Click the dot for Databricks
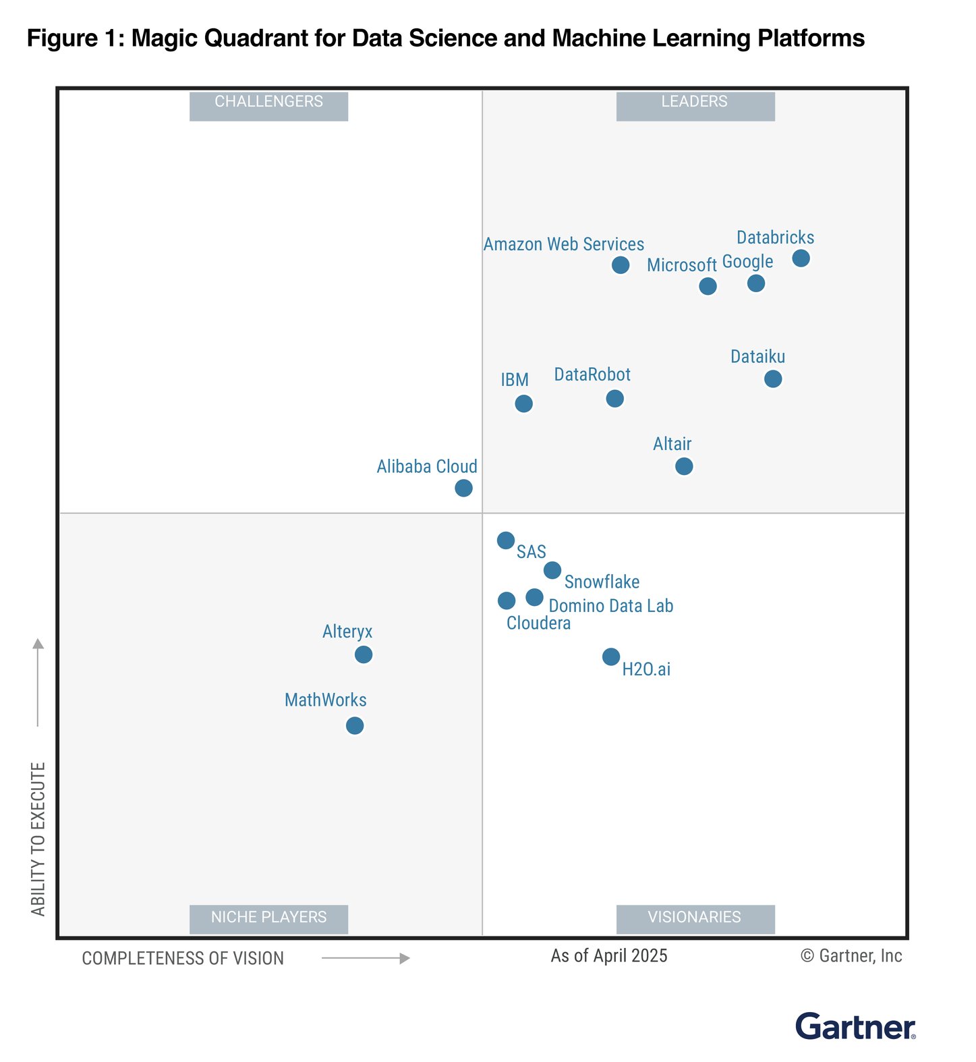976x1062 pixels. pos(801,258)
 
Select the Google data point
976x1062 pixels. pos(756,283)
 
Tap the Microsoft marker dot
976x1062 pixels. pos(708,287)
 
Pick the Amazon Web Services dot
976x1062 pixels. pos(621,265)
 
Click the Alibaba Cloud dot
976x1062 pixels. pos(463,488)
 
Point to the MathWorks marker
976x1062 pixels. pos(355,726)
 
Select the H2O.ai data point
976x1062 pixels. pos(611,657)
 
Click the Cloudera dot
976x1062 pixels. pos(507,600)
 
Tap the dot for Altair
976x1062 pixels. pos(684,467)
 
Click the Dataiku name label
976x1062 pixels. pos(757,357)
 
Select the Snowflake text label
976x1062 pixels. pos(602,582)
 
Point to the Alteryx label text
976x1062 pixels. pos(347,632)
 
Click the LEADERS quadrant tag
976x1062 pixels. pos(695,103)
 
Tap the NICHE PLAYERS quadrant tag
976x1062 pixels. pos(268,918)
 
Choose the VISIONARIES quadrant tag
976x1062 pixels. pos(695,918)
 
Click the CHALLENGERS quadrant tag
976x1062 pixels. pos(268,103)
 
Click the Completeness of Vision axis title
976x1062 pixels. pos(183,959)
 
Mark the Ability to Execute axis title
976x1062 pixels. pos(38,839)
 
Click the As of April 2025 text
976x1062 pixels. pos(608,956)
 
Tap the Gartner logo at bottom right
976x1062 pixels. pos(855,1027)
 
